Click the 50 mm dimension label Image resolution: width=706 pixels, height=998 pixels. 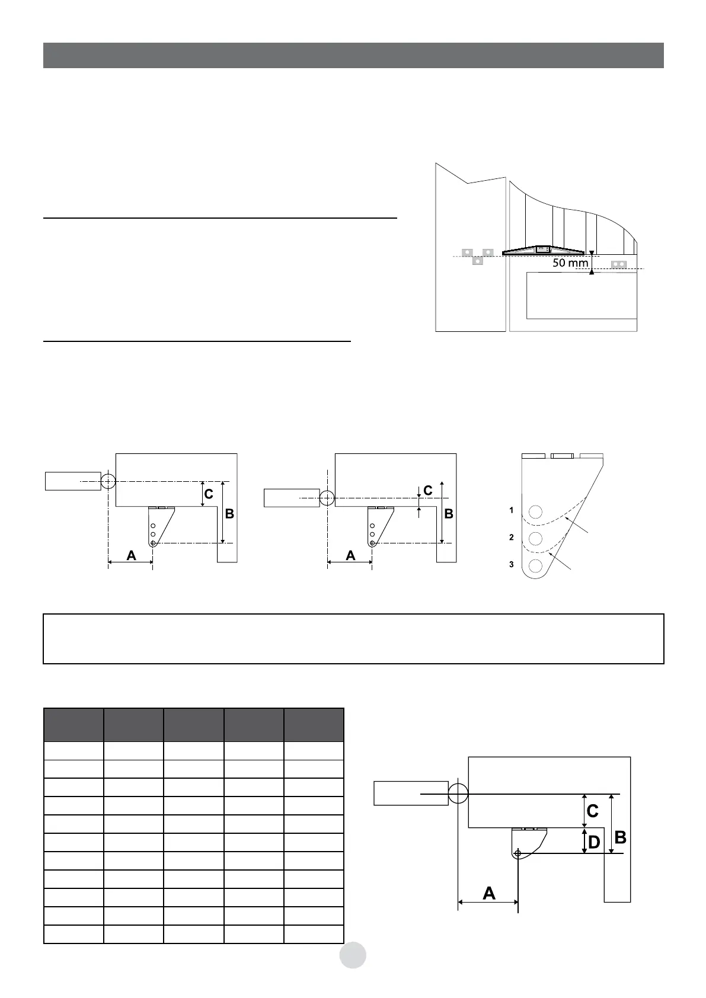(570, 263)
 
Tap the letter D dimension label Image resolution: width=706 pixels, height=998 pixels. (594, 842)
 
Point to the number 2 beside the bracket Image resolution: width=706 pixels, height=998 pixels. (511, 538)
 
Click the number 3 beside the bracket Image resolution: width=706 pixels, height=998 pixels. (511, 565)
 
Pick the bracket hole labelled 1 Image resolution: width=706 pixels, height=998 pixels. (535, 511)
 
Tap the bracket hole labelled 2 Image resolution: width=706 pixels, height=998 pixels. (535, 538)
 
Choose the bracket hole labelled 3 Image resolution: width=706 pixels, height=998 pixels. (535, 565)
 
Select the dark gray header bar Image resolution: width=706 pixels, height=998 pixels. (353, 55)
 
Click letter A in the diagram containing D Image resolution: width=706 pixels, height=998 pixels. (489, 893)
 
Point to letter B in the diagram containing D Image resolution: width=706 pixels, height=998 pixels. (621, 837)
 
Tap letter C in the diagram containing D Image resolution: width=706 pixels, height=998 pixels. (592, 810)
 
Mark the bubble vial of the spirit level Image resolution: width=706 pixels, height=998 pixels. (542, 249)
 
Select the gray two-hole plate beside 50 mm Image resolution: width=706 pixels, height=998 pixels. (618, 263)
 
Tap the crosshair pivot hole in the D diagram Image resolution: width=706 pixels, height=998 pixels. (518, 853)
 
